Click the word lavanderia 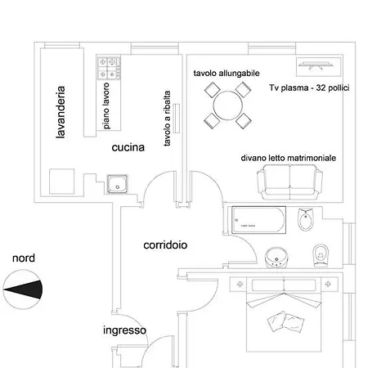pos(60,112)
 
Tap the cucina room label pos(128,148)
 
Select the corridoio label pos(165,245)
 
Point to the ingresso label pos(124,330)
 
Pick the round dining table pos(227,105)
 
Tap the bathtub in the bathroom pos(258,220)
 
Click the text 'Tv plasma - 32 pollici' pos(308,88)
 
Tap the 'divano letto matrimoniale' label pos(288,158)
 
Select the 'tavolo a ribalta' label pos(168,119)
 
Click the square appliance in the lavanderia pos(62,182)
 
